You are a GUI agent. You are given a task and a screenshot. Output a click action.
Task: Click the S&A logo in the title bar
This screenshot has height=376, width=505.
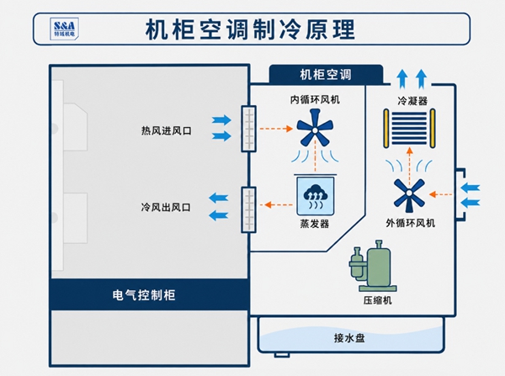[65, 29]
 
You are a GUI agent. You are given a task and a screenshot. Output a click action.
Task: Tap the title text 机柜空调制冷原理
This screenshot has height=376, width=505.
[250, 29]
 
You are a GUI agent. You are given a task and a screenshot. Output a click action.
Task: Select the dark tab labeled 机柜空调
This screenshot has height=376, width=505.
[326, 74]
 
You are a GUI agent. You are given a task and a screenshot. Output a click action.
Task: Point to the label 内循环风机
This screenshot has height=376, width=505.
[315, 99]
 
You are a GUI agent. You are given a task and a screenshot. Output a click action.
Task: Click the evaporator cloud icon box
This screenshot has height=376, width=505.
[315, 196]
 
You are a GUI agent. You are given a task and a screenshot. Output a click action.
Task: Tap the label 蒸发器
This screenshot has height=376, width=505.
[315, 224]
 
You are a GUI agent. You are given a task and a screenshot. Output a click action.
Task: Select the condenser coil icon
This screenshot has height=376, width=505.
[409, 129]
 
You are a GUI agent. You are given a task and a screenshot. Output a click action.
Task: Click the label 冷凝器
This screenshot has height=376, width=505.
[412, 101]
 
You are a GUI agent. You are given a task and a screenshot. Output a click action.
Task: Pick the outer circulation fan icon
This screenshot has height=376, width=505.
[409, 193]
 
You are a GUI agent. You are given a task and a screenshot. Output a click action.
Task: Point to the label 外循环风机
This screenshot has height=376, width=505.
[411, 223]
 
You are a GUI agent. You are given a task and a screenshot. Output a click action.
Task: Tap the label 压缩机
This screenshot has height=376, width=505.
[377, 300]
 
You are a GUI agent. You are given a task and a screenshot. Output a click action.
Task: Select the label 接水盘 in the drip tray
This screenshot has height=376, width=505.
[349, 338]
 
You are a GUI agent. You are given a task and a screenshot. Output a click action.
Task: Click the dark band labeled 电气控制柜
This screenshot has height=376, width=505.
[150, 294]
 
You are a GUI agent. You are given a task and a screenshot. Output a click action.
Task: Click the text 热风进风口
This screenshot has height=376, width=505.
[166, 130]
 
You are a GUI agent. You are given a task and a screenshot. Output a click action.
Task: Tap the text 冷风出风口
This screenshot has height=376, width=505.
[166, 207]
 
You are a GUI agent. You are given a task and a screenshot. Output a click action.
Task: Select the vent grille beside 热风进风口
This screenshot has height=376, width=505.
[248, 129]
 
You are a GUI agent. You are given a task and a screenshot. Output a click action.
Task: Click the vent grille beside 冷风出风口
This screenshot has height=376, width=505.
[248, 209]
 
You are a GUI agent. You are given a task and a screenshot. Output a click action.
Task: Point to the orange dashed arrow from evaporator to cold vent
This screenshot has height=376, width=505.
[278, 204]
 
